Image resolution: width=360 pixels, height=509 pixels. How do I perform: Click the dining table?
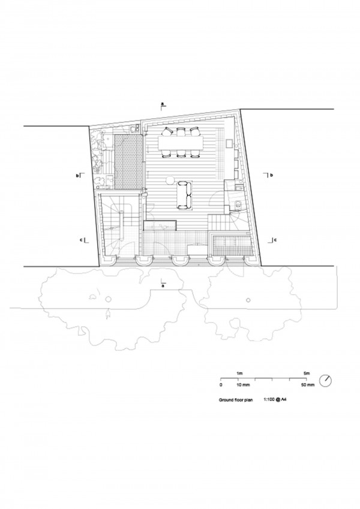point(181,143)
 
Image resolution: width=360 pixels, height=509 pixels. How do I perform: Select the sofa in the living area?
point(184,195)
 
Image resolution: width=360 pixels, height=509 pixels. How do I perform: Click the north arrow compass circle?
point(326,381)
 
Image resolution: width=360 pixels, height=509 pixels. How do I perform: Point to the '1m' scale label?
point(241,374)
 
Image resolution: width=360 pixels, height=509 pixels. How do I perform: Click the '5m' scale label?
point(307,374)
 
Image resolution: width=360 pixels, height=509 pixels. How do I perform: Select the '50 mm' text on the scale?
point(308,385)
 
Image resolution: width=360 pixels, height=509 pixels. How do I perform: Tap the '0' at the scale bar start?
point(221,385)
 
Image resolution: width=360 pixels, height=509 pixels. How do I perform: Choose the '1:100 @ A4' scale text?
point(275,400)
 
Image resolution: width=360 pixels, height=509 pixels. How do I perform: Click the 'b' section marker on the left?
point(77,176)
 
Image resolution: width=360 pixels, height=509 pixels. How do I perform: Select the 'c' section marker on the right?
point(275,240)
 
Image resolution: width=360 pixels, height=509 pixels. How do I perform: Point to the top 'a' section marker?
point(163,104)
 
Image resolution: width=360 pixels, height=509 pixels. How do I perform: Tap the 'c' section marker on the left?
point(80,240)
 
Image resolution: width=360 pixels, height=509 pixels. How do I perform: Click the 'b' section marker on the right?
point(272,176)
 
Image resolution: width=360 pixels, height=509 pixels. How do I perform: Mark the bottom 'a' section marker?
point(163,286)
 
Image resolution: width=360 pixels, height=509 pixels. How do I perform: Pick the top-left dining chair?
point(167,131)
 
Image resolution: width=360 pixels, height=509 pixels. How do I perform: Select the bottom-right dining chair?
point(194,154)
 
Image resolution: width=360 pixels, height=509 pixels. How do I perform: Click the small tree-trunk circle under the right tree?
point(248,300)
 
